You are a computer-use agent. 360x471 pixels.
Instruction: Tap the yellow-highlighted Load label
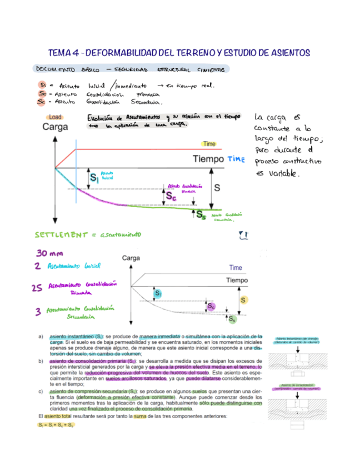tap(55, 117)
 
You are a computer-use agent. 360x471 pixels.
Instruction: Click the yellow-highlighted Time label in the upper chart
tap(209, 144)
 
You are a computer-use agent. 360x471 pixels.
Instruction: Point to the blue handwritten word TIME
tap(236, 159)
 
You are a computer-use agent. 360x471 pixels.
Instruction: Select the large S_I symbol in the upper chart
tap(94, 178)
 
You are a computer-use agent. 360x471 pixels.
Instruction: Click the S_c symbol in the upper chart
tap(171, 196)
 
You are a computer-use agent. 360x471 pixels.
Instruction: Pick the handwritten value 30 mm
tap(48, 253)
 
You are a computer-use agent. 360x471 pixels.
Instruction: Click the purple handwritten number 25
tap(38, 287)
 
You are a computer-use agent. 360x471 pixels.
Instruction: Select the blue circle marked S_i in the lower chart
tap(158, 293)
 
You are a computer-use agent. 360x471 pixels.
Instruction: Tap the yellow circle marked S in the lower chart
tap(243, 300)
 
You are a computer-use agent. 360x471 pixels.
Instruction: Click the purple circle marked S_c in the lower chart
tap(210, 307)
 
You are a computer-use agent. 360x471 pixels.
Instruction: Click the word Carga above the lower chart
tap(130, 258)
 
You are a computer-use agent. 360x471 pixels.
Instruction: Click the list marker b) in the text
tap(41, 361)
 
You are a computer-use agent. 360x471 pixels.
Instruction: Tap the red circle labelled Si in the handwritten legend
tap(43, 84)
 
